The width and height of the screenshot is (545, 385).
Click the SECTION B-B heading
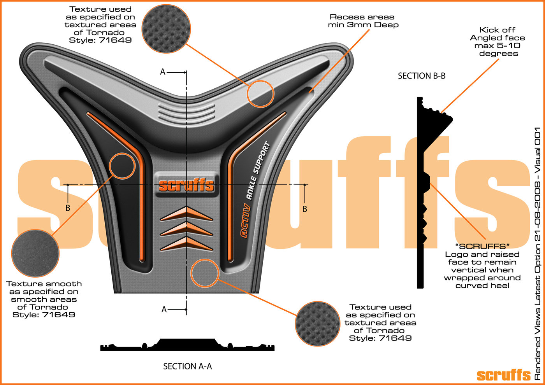pos(421,76)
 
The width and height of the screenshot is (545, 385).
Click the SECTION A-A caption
pos(187,366)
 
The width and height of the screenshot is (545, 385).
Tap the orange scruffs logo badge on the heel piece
pos(186,185)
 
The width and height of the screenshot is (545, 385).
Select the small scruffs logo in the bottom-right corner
pos(504,375)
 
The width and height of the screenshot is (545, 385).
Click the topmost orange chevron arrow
pos(186,214)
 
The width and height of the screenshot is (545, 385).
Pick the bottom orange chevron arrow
pos(186,244)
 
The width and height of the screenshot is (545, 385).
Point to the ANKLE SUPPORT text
pos(258,171)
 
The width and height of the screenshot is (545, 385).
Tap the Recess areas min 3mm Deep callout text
pos(363,21)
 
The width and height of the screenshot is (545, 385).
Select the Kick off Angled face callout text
pos(498,42)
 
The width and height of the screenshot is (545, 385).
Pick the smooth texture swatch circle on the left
pos(35,253)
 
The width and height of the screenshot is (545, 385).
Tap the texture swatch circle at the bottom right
pos(317,324)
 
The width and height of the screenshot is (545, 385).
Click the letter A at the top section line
pos(163,72)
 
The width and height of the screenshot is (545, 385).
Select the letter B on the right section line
pos(305,209)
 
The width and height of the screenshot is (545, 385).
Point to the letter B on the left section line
pos(68,208)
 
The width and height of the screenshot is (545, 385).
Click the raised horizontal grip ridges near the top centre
pos(187,112)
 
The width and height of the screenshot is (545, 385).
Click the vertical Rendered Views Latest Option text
pos(538,253)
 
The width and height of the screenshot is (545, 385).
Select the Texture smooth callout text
pos(44,299)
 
